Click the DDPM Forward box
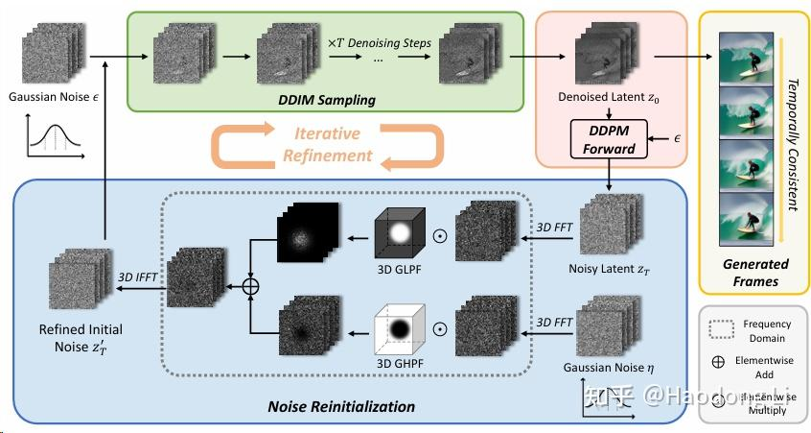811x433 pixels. point(610,140)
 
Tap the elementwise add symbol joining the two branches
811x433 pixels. point(251,285)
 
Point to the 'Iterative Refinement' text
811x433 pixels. point(327,144)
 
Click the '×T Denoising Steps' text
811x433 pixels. point(380,43)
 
